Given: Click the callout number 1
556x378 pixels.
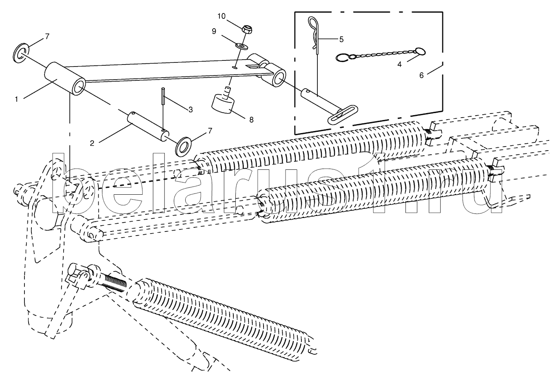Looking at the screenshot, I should (x=17, y=99).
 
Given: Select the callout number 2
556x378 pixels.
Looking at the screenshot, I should (x=92, y=143).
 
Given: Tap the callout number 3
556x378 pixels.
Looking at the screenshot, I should (x=191, y=109).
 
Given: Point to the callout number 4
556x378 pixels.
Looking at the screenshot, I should (x=399, y=64).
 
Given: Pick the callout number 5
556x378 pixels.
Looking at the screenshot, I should (x=341, y=39).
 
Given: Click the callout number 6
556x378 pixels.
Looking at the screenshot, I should (x=421, y=75).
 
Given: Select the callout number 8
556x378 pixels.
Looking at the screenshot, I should (x=251, y=120).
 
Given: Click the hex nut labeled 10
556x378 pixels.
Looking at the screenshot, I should (x=246, y=29).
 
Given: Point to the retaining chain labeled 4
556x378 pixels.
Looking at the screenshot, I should (x=379, y=54).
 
